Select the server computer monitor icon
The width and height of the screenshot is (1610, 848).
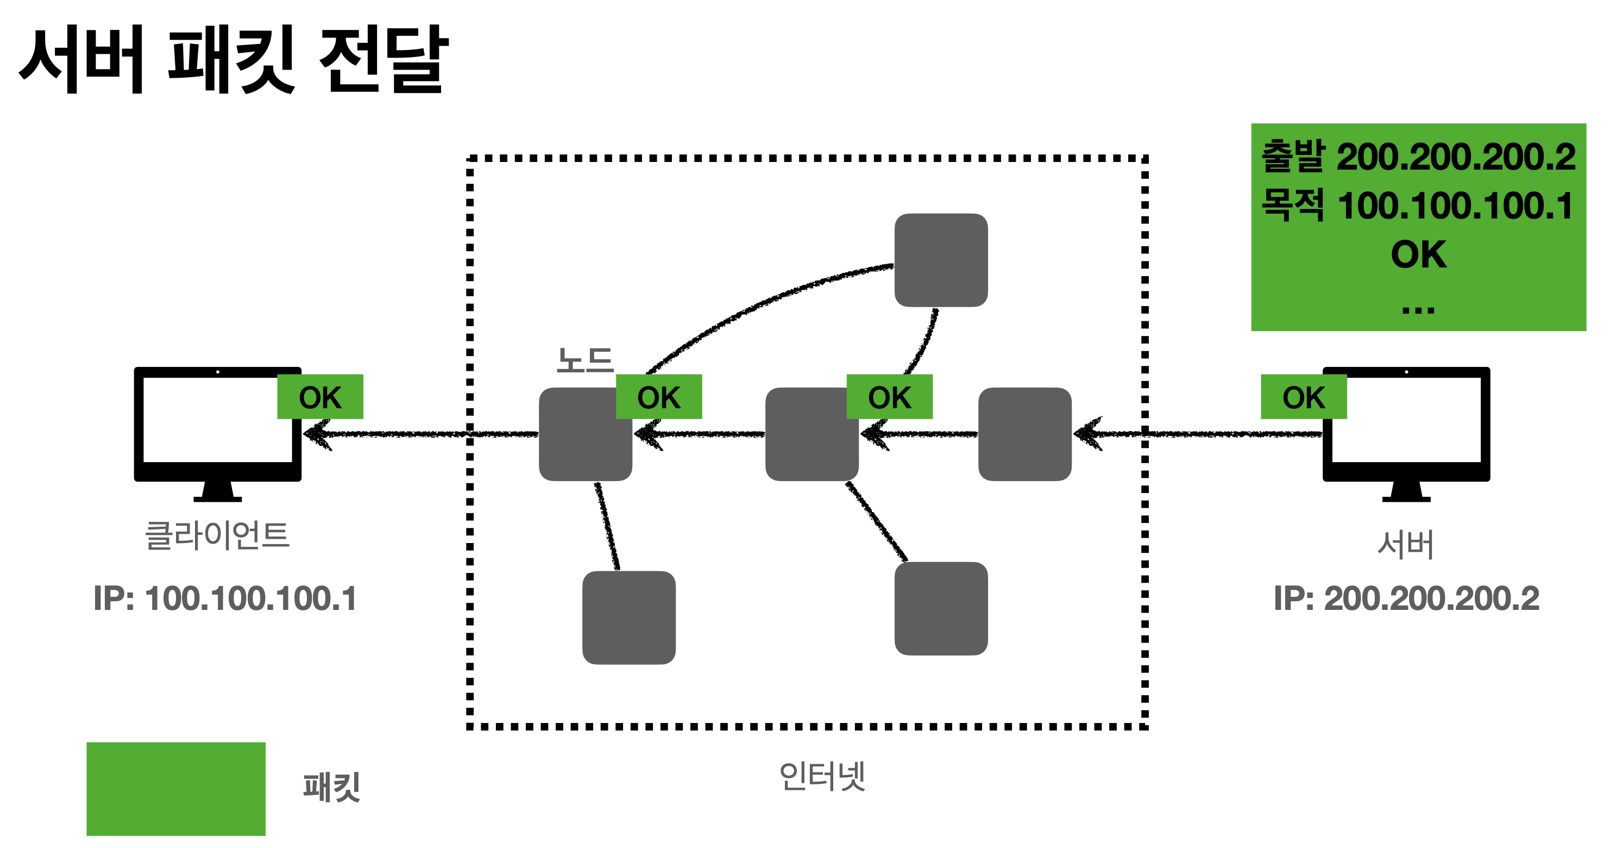1406,432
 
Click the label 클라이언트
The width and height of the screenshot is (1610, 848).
217,536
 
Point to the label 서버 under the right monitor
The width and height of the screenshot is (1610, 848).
1406,544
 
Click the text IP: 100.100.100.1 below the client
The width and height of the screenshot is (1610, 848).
225,598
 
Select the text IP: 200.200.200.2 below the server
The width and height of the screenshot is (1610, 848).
1406,598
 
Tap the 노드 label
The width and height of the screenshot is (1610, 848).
585,361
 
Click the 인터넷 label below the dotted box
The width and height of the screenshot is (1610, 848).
822,777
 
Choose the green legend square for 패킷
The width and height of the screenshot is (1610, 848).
175,789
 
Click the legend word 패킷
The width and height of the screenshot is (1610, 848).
332,787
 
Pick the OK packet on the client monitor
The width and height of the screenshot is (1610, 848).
320,397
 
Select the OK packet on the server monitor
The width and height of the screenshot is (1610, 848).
1304,397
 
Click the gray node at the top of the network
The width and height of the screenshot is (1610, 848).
941,260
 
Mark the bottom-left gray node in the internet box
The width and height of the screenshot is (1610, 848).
629,617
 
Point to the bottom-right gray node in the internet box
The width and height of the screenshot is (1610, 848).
941,608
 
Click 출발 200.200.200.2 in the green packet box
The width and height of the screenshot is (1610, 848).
1418,157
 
